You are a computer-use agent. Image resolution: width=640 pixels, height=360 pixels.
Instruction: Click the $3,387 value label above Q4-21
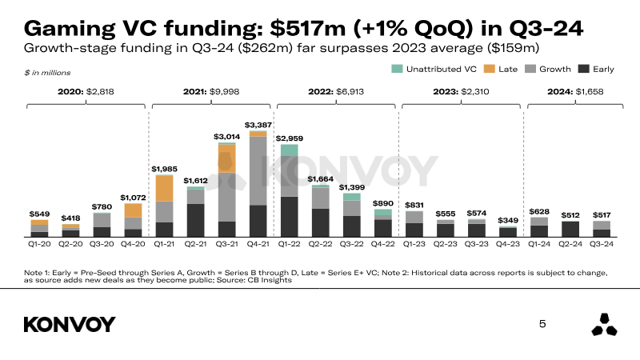click(258, 125)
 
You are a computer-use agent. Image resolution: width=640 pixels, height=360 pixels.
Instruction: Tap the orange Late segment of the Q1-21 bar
click(165, 188)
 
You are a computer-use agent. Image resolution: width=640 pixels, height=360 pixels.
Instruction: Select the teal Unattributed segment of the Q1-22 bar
click(289, 150)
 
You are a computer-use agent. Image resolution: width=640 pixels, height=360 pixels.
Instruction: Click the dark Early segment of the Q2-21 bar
click(195, 221)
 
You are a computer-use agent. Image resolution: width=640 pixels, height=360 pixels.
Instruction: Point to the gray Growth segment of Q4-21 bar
click(258, 171)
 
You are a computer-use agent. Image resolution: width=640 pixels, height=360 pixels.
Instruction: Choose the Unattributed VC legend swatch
click(397, 70)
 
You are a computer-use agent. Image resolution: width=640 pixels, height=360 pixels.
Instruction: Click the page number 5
click(542, 324)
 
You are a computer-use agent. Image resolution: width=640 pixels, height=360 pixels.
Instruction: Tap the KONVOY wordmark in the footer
click(70, 324)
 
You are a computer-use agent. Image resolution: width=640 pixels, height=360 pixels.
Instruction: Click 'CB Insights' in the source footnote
click(273, 281)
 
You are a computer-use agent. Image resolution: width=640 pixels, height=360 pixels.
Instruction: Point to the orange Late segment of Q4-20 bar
click(133, 210)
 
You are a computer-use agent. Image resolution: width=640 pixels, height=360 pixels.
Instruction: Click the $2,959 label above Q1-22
click(289, 138)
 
